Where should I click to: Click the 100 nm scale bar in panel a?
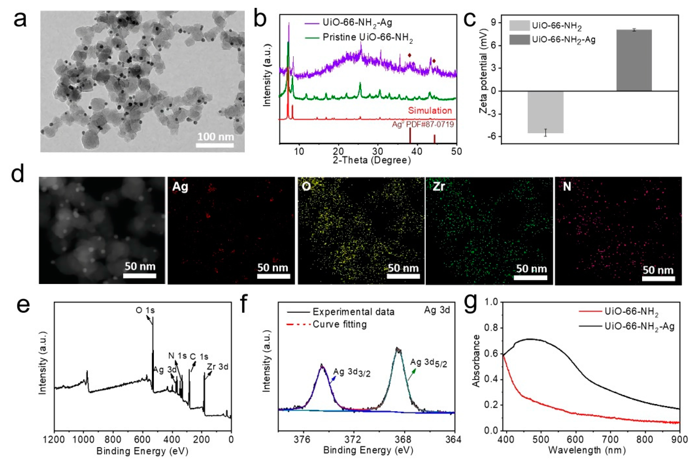point(215,145)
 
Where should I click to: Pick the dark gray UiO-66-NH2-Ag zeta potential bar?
point(634,60)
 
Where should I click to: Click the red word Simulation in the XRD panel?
point(429,111)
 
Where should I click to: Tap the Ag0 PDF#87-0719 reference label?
point(423,124)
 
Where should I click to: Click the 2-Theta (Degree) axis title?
point(372,160)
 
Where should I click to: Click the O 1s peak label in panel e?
point(145,310)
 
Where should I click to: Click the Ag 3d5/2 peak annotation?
point(429,363)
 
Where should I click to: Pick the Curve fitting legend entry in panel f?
point(339,324)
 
